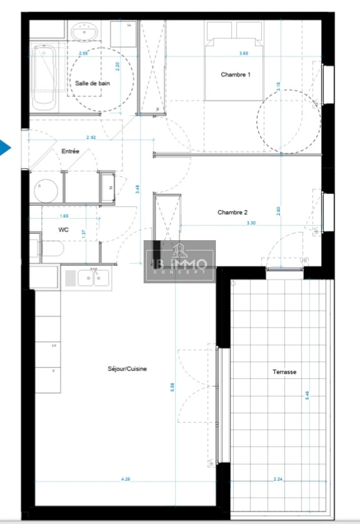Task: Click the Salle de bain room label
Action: click(x=92, y=83)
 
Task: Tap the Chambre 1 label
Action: click(x=236, y=74)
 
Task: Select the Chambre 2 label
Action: click(x=232, y=212)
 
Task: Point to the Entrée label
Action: click(x=70, y=151)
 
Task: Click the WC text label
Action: click(x=63, y=230)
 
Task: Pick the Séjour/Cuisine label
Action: click(x=127, y=369)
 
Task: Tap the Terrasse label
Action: click(x=284, y=372)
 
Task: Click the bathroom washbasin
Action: click(x=85, y=32)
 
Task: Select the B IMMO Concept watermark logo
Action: click(x=180, y=262)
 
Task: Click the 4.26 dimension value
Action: click(x=125, y=479)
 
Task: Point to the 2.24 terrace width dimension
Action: click(x=278, y=479)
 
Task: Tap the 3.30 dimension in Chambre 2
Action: click(x=251, y=223)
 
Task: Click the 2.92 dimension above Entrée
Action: click(x=91, y=137)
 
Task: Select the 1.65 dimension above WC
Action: click(x=64, y=216)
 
